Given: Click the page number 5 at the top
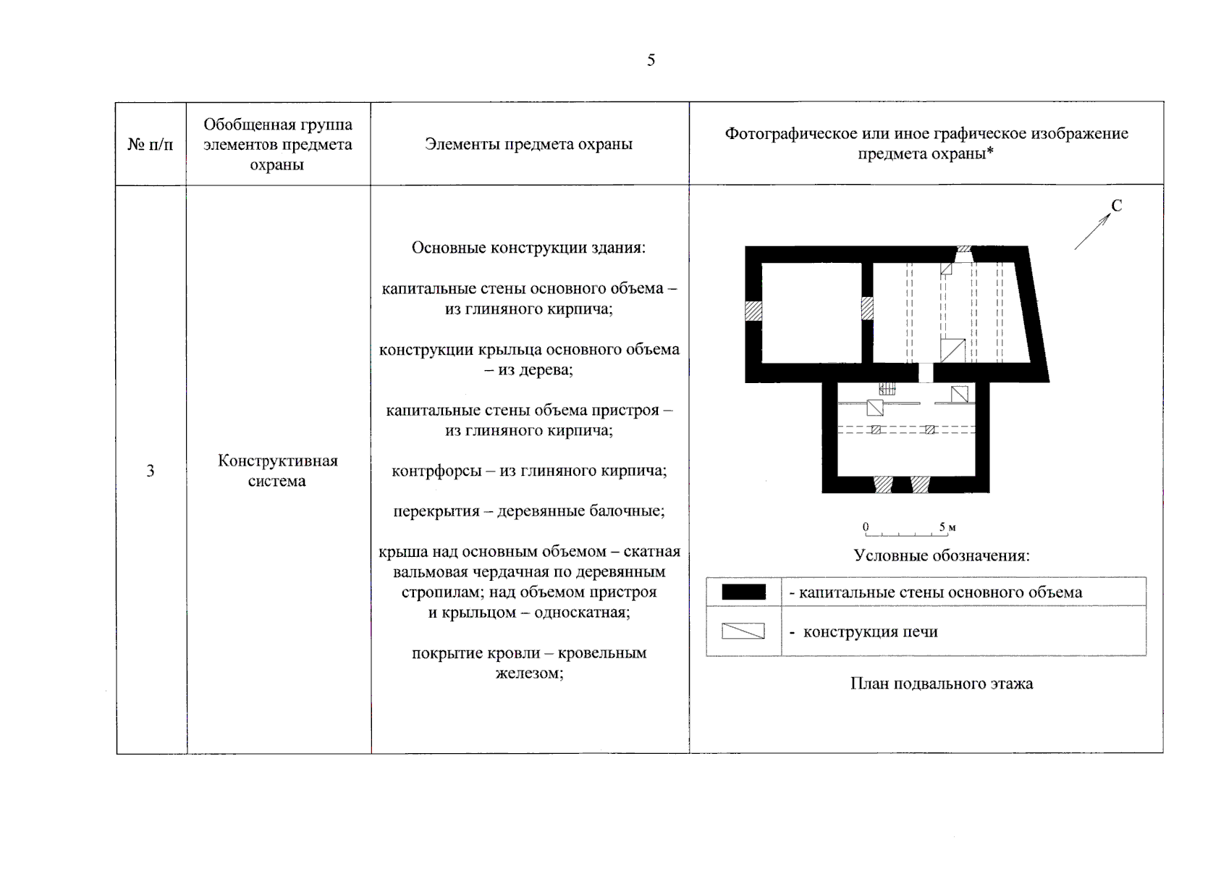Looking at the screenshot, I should point(651,60).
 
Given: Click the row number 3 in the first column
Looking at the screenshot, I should point(151,471).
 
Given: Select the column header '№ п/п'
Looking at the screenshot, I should point(151,144).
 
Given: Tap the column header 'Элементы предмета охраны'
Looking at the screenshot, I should point(528,144).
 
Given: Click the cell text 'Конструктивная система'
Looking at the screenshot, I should point(278,471).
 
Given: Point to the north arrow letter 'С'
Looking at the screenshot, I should point(1116,206).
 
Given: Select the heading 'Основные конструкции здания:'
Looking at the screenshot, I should point(528,248).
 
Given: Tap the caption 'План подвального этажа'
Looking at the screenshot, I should point(941,684).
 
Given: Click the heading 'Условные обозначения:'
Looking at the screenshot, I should point(941,556).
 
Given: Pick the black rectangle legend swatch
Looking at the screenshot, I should point(743,592).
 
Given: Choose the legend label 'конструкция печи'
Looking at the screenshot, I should point(870,631).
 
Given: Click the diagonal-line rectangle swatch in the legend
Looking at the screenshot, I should point(743,631).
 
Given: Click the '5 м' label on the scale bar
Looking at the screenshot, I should point(947,527).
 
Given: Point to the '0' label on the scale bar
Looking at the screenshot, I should point(866,526).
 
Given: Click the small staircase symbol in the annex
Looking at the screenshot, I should point(887,389).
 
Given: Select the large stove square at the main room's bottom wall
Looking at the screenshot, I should point(952,350).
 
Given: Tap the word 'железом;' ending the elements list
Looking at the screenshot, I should point(529,673).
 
